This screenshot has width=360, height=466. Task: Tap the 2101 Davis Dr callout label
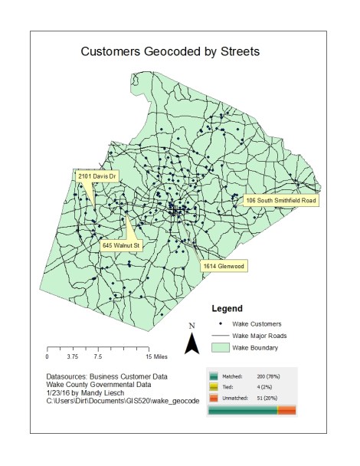(x=97, y=176)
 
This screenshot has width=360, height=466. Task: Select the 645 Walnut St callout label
(x=122, y=245)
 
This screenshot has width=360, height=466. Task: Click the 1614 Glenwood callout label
(x=223, y=266)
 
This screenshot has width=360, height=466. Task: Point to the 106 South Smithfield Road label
(x=280, y=201)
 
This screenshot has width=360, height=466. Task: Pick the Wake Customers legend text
(x=257, y=324)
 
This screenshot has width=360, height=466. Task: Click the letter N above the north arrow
(x=191, y=326)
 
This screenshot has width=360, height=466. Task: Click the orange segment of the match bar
(x=286, y=412)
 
